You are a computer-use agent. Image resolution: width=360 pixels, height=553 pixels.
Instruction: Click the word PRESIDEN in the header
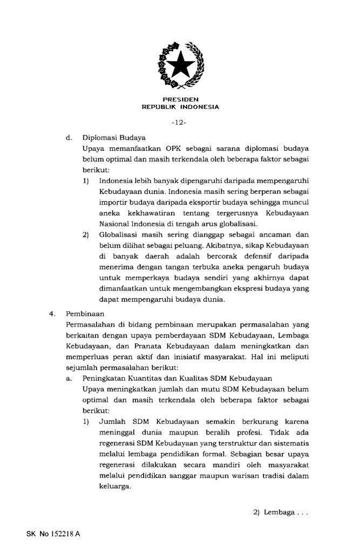[x=180, y=100]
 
